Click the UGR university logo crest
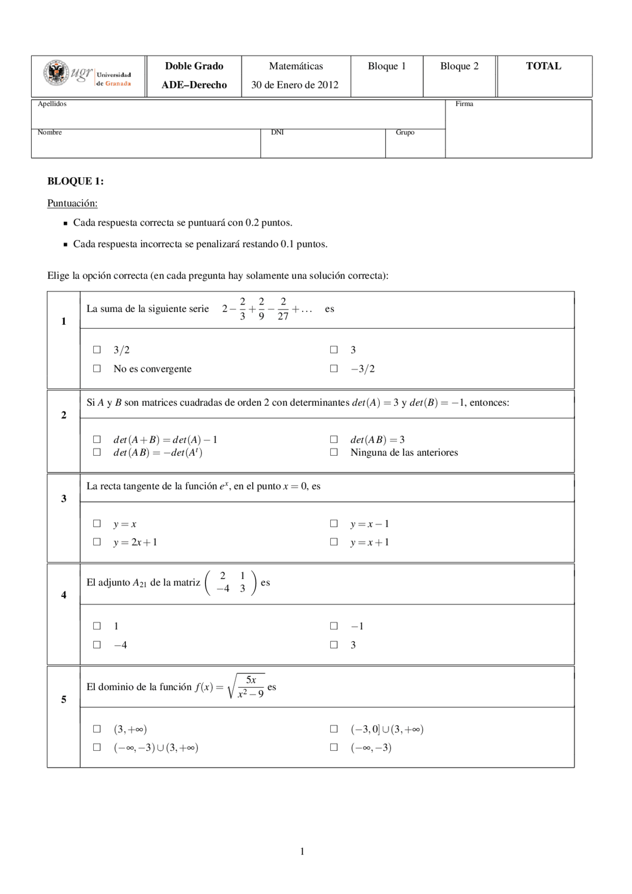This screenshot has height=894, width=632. click(x=56, y=73)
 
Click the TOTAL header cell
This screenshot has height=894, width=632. click(x=543, y=66)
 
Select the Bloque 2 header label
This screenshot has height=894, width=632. click(x=459, y=66)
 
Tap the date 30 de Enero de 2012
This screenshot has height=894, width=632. click(x=295, y=85)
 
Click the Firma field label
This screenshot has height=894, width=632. click(x=464, y=104)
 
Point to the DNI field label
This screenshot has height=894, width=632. click(x=277, y=132)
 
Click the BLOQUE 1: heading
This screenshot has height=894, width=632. click(x=75, y=181)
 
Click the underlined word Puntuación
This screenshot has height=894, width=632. click(x=72, y=203)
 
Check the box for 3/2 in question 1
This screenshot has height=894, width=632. click(x=97, y=350)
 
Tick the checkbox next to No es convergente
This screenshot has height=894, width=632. click(x=97, y=368)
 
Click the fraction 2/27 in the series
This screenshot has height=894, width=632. click(x=283, y=309)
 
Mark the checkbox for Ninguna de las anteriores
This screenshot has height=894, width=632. click(x=334, y=452)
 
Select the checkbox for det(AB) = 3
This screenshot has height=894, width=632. click(x=334, y=439)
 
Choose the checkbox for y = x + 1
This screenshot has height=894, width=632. click(x=334, y=542)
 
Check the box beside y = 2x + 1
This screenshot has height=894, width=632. click(x=97, y=542)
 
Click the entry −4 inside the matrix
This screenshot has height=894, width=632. click(x=223, y=588)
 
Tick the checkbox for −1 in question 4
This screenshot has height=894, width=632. click(x=334, y=626)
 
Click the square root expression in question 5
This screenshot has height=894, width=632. click(x=246, y=686)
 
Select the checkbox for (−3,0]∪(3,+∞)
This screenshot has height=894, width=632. click(x=334, y=729)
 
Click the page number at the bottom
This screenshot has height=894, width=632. click(x=302, y=851)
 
